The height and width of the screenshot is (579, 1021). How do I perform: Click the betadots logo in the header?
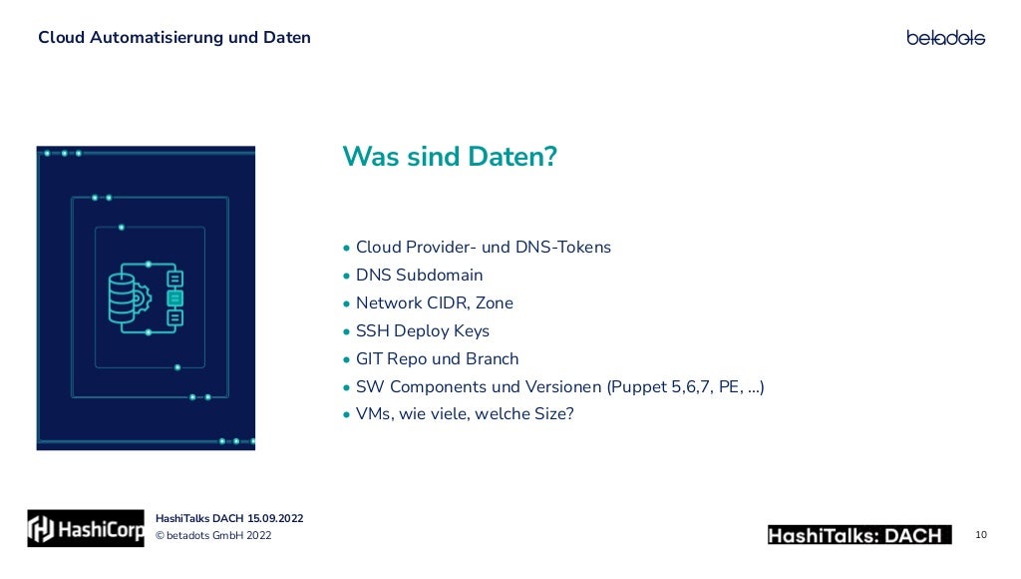[x=945, y=37]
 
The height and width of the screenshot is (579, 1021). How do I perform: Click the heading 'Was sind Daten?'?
[x=449, y=157]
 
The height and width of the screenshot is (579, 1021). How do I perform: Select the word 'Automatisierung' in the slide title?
[x=144, y=38]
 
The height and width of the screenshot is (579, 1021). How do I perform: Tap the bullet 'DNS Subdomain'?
[x=419, y=275]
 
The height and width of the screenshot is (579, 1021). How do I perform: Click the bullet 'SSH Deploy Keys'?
[x=422, y=330]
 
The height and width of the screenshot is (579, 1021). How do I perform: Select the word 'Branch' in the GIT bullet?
[x=493, y=358]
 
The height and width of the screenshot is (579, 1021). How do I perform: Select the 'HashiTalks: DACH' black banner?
[x=858, y=535]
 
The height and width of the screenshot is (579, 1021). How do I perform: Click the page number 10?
[x=981, y=535]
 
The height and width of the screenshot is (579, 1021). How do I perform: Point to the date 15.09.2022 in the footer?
[x=275, y=518]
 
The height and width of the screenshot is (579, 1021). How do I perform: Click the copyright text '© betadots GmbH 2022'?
[x=213, y=536]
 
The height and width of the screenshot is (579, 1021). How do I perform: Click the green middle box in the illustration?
[x=175, y=297]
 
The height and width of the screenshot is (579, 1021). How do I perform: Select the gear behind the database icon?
[x=143, y=296]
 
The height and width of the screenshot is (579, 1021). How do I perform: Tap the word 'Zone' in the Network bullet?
[x=495, y=302]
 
